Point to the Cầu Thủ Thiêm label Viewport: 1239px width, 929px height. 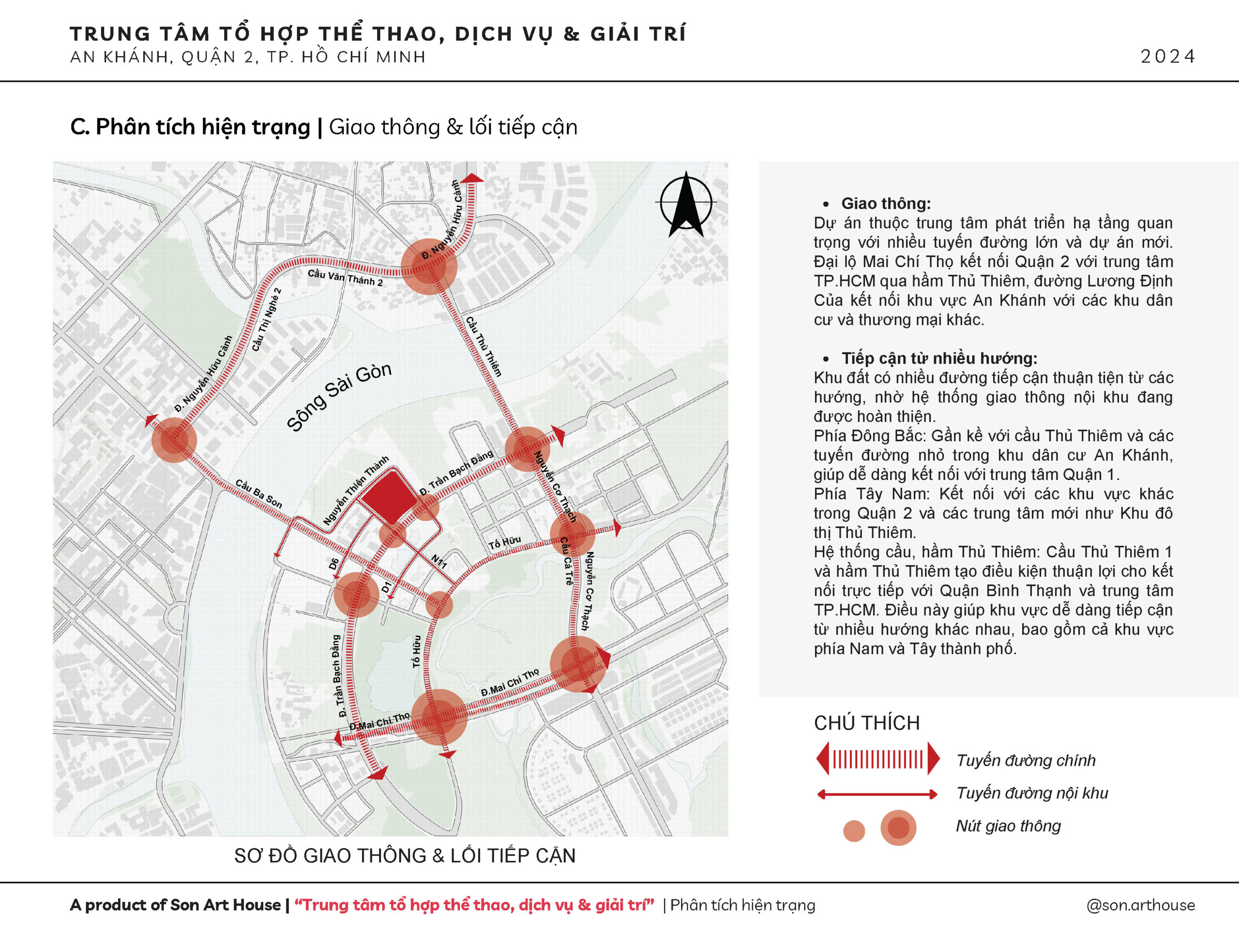coord(484,346)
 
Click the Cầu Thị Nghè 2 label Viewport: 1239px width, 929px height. coord(267,320)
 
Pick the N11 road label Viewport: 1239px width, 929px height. coord(438,562)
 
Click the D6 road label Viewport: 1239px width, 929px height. coord(334,563)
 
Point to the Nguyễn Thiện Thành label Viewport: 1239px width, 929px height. coord(356,491)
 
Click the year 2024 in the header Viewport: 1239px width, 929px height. coord(1167,57)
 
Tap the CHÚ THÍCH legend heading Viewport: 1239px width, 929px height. coord(866,723)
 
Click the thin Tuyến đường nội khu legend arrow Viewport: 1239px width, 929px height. coord(877,794)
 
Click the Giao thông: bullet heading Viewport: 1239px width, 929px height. coord(886,203)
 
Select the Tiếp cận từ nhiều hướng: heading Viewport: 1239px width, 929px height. coord(939,359)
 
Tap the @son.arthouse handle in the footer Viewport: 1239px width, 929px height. coord(1140,905)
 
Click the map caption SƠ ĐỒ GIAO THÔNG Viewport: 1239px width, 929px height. coord(405,855)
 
